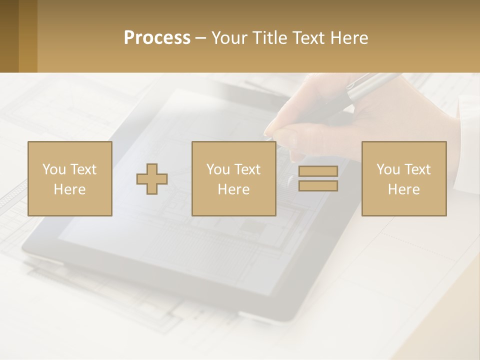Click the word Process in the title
[157, 38]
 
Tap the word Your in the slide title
[229, 38]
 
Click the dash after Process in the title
[200, 38]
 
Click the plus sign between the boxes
[152, 179]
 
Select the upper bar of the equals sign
[318, 171]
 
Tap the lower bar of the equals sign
[318, 186]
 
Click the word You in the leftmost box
[53, 169]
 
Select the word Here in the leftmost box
[69, 189]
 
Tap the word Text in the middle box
[247, 169]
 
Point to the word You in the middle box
[217, 169]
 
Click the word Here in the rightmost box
[403, 189]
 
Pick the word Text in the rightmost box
[417, 169]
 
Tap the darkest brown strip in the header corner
[9, 36]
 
